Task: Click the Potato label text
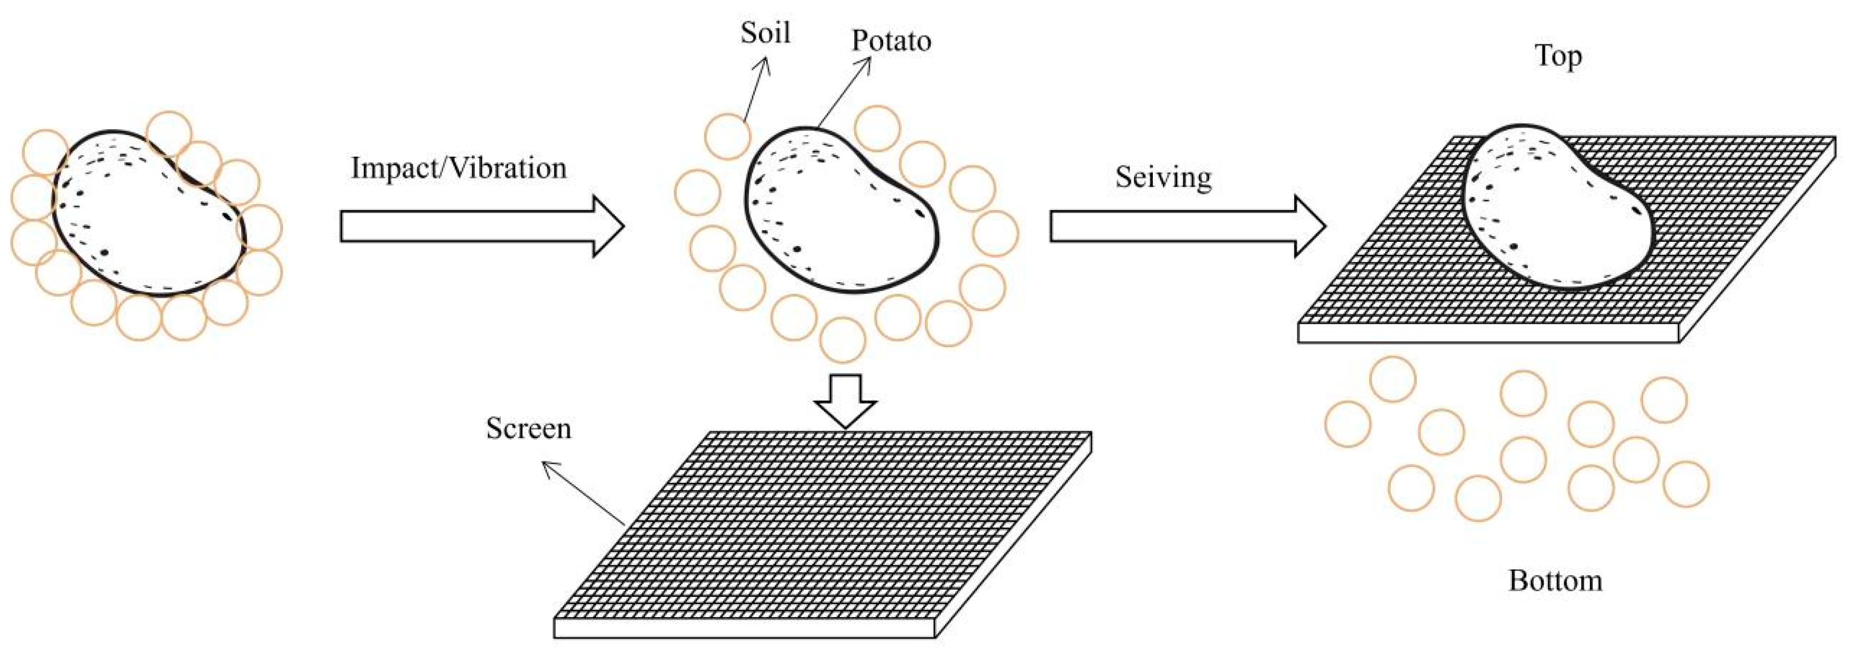(891, 41)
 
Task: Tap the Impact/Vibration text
(459, 168)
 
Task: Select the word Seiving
(1163, 177)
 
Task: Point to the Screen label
(528, 429)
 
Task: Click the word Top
(1558, 56)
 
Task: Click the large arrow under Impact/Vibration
(481, 227)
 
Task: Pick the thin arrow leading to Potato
(844, 94)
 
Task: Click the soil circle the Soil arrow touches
(727, 136)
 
